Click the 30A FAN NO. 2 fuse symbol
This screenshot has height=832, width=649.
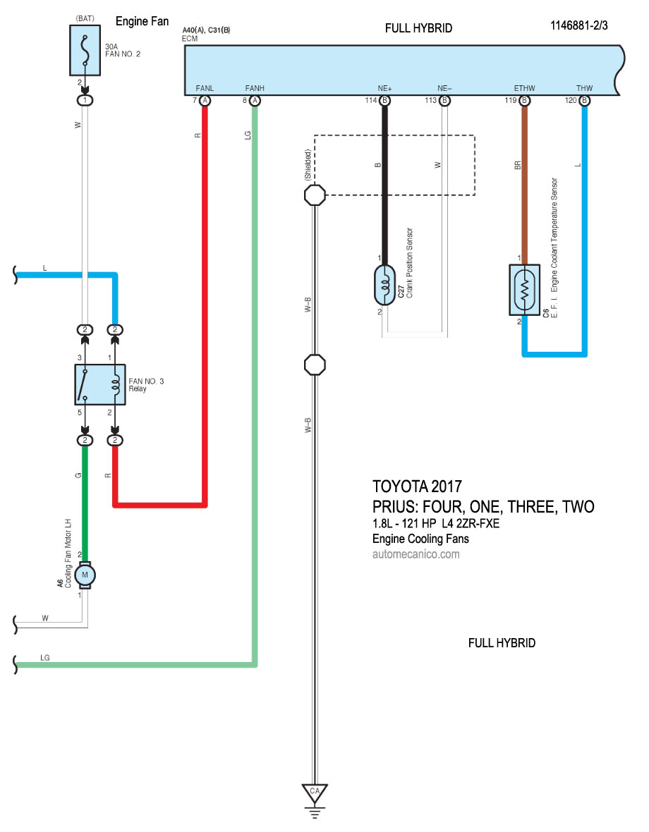85,50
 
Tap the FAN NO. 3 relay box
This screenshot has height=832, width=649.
99,384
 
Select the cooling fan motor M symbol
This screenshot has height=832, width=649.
85,575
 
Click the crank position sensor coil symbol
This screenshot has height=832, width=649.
385,285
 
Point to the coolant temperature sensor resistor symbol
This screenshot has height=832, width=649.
524,290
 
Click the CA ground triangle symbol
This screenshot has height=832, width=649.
315,792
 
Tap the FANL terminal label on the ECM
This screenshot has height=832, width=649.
205,89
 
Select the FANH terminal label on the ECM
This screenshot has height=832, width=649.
255,89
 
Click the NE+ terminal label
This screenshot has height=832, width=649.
384,89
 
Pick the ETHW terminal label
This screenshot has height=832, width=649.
524,89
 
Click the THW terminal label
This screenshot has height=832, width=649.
584,89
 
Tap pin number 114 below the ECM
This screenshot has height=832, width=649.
371,101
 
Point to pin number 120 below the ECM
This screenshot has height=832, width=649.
571,101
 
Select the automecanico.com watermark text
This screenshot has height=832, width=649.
416,554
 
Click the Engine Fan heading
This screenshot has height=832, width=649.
142,22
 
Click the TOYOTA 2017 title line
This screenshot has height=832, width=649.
417,487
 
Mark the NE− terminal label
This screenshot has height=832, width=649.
444,89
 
